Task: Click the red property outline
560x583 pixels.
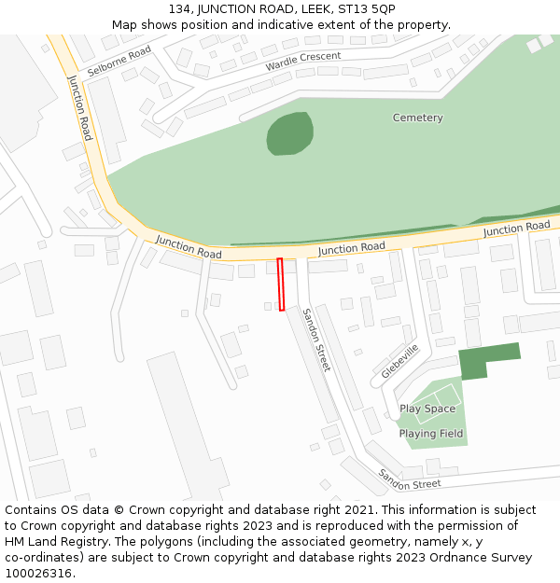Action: click(281, 285)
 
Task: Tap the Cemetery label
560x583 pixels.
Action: click(417, 118)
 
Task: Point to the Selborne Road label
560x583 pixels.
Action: click(119, 62)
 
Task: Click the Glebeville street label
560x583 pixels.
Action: click(400, 360)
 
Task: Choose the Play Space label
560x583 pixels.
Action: click(427, 409)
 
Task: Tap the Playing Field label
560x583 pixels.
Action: click(431, 434)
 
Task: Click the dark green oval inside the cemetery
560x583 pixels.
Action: click(289, 133)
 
